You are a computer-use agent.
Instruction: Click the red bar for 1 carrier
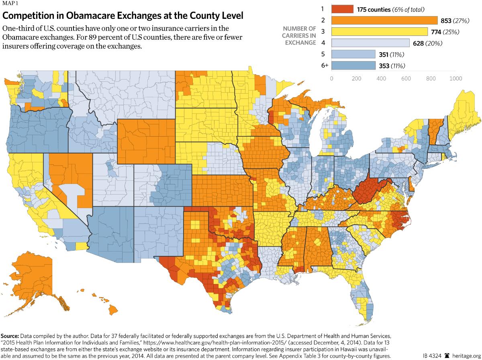[x=342, y=9]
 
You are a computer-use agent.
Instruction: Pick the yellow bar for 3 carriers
[x=380, y=32]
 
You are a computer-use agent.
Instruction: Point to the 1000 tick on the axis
[x=456, y=78]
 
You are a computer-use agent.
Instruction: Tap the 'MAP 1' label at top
[x=10, y=4]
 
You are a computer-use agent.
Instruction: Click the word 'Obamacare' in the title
[x=80, y=16]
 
